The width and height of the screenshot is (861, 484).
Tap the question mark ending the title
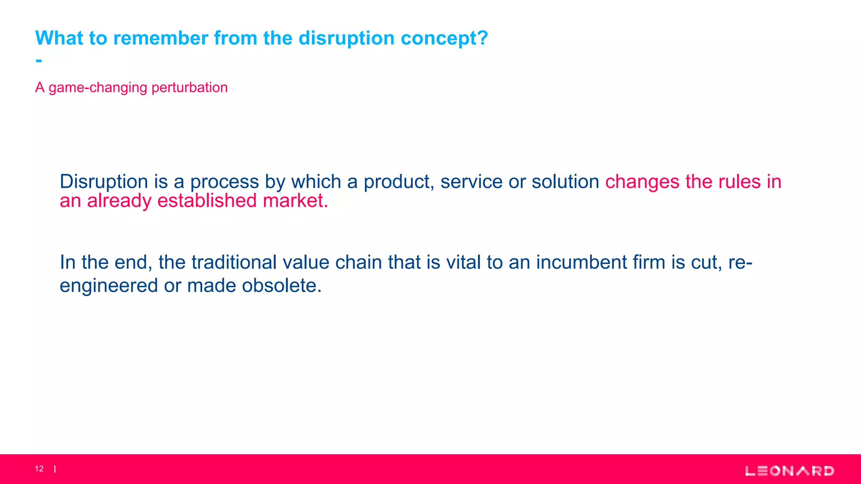click(x=482, y=38)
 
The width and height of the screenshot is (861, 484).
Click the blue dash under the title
click(x=39, y=61)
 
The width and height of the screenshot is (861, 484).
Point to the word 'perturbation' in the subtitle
click(x=189, y=87)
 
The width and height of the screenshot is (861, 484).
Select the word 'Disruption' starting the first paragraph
click(x=104, y=182)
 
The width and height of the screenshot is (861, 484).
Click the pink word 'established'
click(x=207, y=201)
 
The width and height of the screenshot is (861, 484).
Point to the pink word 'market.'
click(x=295, y=201)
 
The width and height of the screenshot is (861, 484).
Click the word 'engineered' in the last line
click(x=108, y=286)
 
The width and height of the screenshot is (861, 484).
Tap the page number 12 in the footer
click(x=39, y=469)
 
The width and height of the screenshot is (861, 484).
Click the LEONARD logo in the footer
click(x=790, y=471)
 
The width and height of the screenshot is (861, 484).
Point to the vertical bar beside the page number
click(x=55, y=469)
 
